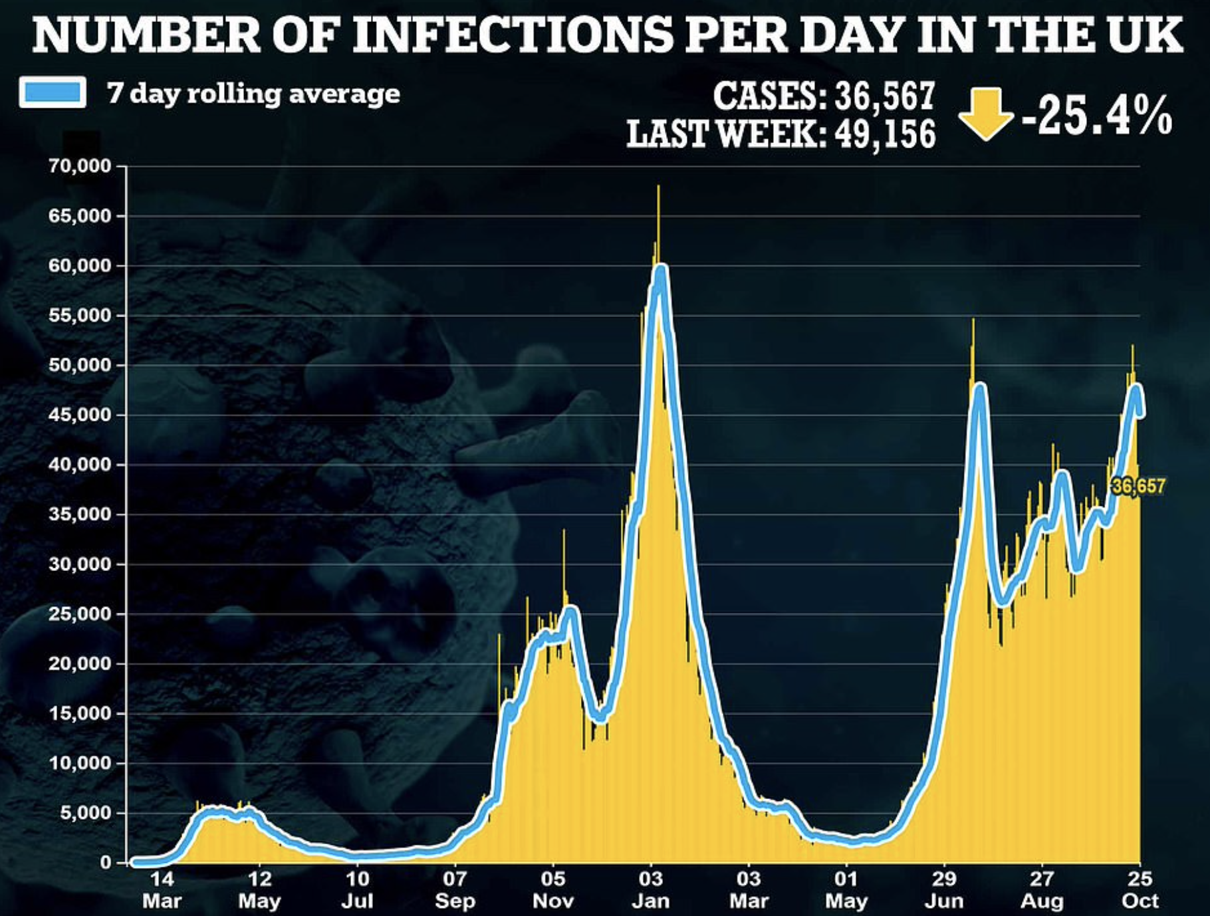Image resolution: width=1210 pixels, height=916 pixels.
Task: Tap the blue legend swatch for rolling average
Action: click(x=53, y=92)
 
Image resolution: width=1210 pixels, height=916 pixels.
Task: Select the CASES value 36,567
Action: click(x=885, y=96)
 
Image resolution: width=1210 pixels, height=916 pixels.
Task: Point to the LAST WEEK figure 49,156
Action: click(x=885, y=134)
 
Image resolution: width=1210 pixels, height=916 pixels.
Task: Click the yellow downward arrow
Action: click(x=985, y=114)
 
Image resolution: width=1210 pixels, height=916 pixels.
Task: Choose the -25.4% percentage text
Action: click(x=1097, y=116)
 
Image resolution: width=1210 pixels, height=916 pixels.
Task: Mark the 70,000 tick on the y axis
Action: click(x=78, y=166)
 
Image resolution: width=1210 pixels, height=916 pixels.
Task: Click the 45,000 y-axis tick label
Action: click(x=78, y=415)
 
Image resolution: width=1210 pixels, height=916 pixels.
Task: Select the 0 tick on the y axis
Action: click(x=105, y=863)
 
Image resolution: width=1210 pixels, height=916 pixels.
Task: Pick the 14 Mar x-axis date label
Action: click(x=162, y=889)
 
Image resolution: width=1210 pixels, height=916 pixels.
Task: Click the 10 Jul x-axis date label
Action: click(x=357, y=889)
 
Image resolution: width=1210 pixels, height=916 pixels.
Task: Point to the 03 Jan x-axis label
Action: click(x=650, y=889)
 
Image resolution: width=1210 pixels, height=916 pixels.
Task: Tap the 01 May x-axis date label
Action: click(x=846, y=889)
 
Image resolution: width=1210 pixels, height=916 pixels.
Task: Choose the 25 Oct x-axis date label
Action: click(x=1140, y=889)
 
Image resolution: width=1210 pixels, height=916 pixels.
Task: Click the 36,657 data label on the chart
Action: click(x=1138, y=487)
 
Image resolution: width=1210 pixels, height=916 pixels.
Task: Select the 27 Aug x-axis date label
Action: click(x=1042, y=889)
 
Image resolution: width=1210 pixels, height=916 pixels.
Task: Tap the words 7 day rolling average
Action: click(x=253, y=94)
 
